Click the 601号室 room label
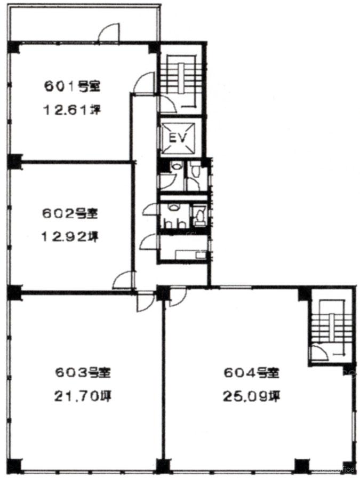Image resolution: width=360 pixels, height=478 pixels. [x=73, y=86]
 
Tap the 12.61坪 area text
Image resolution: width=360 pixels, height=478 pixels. [x=72, y=109]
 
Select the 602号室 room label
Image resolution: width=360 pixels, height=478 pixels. [x=70, y=213]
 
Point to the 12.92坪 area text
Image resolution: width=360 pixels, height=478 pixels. [x=70, y=236]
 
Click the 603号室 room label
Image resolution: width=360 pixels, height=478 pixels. [x=83, y=372]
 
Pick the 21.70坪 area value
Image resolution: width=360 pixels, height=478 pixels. [x=83, y=396]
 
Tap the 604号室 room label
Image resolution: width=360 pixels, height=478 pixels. [x=252, y=372]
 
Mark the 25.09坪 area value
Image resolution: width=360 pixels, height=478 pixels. [x=252, y=396]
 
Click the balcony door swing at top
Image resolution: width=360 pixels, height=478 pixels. [x=108, y=32]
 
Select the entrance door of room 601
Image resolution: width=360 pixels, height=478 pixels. [x=145, y=83]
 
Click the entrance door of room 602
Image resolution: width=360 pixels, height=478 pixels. [x=123, y=280]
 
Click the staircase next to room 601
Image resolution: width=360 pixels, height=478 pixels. [x=182, y=82]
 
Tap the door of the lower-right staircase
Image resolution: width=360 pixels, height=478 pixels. [x=319, y=353]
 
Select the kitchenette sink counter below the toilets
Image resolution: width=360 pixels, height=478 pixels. [x=191, y=254]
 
